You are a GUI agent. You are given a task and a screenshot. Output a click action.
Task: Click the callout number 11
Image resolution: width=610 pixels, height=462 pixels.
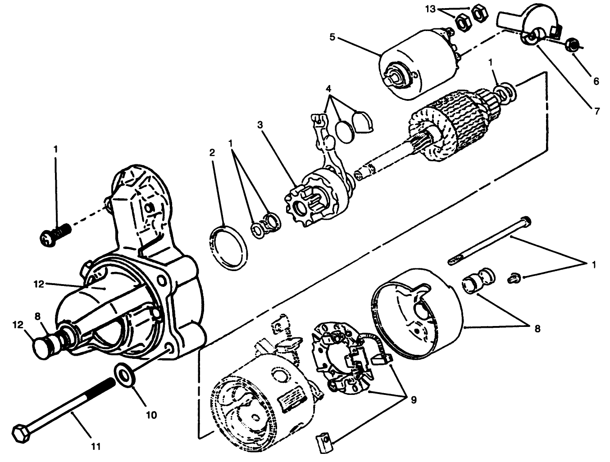95,446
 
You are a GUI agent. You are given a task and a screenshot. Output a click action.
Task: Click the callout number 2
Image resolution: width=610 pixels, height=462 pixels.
212,153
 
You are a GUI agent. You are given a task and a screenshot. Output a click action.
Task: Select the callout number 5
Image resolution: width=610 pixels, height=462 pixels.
332,36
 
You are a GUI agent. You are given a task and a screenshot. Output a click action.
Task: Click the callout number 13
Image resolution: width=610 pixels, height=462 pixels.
430,9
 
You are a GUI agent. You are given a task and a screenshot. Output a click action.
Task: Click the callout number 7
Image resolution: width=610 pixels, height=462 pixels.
597,111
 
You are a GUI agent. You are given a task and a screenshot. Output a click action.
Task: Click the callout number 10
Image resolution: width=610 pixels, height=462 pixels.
151,415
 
